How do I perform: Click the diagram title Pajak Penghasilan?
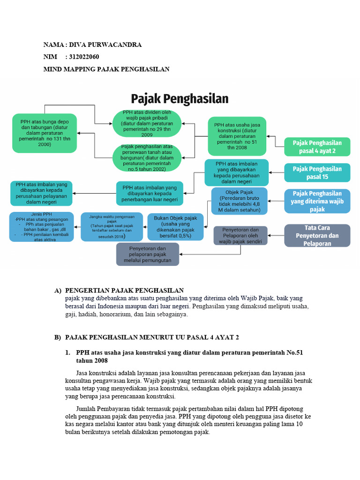[x=180, y=99]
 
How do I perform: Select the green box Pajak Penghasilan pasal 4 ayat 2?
[x=317, y=147]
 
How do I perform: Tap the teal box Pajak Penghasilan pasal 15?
[x=317, y=172]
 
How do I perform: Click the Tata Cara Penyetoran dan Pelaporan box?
[x=317, y=235]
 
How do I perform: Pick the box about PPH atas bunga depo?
[x=45, y=133]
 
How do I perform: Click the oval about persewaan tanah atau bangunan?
[x=147, y=158]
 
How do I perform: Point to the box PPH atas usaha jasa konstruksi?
[x=237, y=136]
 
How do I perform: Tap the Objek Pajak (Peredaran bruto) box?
[x=239, y=201]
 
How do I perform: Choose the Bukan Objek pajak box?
[x=175, y=227]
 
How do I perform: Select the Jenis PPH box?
[x=41, y=227]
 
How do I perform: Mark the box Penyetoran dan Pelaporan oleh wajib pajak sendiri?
[x=240, y=235]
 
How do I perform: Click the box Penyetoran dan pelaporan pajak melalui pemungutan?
[x=148, y=254]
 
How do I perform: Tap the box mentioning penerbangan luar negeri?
[x=150, y=194]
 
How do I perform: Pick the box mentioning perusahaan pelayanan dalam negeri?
[x=41, y=193]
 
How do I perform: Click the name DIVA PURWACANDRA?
[x=105, y=45]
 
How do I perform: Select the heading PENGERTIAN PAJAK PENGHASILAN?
[x=124, y=291]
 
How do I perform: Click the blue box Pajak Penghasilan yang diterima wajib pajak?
[x=317, y=201]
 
